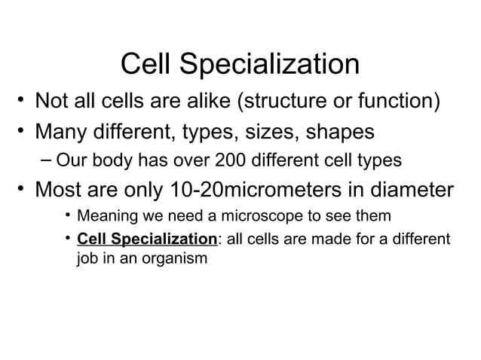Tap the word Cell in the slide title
point(144,65)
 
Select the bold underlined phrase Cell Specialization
point(147,239)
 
